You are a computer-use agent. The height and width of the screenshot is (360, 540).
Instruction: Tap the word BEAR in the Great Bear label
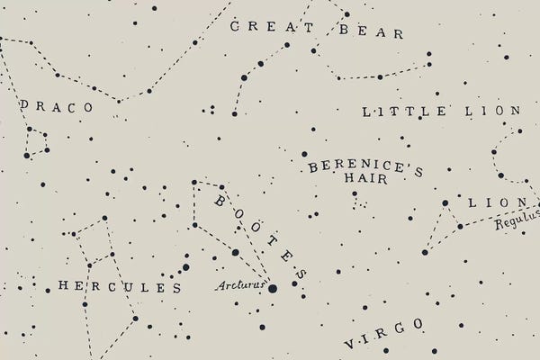[371, 32]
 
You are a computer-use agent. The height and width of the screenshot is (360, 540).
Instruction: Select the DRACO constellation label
[56, 106]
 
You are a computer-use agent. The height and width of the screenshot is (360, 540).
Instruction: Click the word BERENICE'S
[365, 167]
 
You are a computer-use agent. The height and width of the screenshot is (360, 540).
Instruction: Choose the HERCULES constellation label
[119, 287]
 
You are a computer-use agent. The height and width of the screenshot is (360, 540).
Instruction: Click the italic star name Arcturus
[241, 286]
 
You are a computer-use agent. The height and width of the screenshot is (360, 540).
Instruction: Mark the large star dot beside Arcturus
[272, 288]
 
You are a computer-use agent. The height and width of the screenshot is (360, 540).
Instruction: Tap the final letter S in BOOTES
[301, 274]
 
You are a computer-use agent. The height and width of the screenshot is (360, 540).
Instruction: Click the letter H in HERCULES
[63, 286]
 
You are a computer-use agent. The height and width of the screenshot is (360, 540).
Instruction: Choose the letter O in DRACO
[87, 107]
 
